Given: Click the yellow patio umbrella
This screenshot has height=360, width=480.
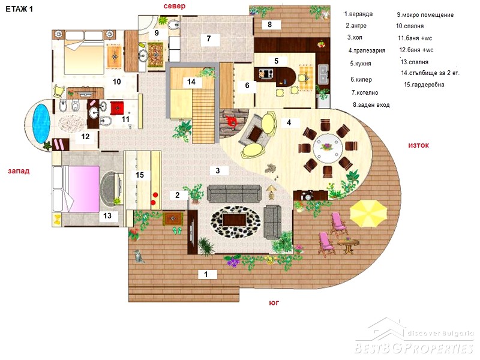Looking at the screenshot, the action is tap(368, 214).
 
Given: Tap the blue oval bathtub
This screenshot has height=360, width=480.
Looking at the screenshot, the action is tap(41, 124).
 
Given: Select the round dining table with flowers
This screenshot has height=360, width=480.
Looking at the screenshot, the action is tap(328, 149).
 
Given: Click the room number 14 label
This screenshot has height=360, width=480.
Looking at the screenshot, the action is tap(191, 82).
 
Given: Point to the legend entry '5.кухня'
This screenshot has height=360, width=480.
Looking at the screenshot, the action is tap(361, 64).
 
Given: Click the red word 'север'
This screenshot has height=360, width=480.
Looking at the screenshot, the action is tap(175, 6).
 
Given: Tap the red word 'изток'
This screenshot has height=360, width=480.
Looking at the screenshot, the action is tap(418, 145).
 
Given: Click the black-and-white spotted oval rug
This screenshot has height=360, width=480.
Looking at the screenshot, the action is tap(236, 222).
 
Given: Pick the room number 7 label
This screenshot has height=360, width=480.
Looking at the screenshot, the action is tap(209, 38).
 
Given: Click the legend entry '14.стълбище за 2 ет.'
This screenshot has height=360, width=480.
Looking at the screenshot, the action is tap(430, 73).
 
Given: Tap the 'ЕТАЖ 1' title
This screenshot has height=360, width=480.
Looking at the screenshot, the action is tap(19, 9).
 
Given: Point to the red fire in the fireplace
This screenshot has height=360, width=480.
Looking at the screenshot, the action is tap(232, 122).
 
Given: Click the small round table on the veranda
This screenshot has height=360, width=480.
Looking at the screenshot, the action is tap(349, 244).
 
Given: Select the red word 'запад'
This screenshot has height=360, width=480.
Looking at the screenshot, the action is tap(19, 171).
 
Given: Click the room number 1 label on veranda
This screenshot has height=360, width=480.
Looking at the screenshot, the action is tap(206, 274).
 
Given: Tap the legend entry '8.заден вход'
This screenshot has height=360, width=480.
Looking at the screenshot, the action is tap(371, 105).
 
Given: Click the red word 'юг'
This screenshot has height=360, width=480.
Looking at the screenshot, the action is tap(274, 303).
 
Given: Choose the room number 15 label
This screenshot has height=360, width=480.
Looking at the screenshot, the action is tap(140, 175).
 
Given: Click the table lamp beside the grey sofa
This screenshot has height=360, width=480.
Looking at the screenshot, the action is tap(271, 192).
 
